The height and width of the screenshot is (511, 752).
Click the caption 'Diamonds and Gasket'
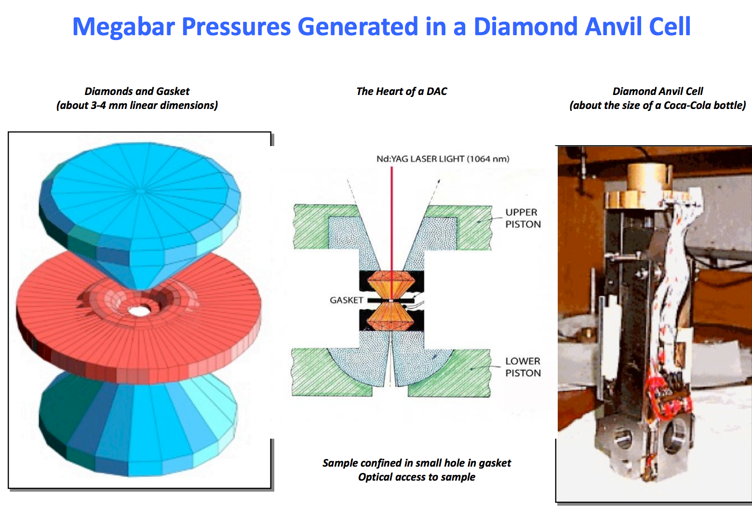tap(137, 91)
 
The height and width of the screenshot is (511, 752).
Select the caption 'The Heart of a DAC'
tap(402, 91)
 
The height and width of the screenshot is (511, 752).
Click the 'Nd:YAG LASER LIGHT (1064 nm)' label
tap(443, 159)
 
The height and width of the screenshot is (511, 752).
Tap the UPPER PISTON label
tap(523, 218)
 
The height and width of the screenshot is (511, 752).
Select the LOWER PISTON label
tap(523, 367)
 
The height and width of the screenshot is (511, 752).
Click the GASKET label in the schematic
tap(346, 300)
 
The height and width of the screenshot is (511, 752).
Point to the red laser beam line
tap(391, 217)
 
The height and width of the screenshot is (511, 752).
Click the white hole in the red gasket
tap(140, 310)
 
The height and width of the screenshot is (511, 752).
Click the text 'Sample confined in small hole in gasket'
tap(416, 463)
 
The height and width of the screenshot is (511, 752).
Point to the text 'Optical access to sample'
tap(416, 477)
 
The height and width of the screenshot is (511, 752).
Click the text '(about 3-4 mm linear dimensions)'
tap(137, 105)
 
